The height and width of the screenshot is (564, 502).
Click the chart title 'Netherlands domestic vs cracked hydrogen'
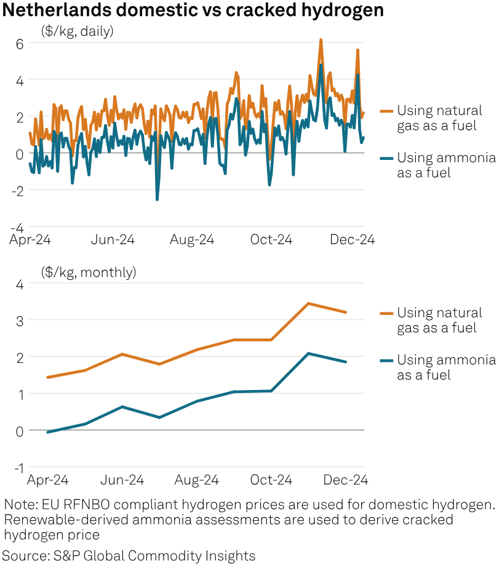193,10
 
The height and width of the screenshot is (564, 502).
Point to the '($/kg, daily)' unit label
77,31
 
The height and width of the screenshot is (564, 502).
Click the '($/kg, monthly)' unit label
89,272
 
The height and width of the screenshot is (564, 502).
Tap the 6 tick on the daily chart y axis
20,43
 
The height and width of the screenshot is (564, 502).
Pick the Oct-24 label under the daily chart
271,240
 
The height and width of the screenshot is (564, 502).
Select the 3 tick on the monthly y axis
20,320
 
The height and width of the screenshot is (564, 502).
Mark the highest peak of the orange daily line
321,39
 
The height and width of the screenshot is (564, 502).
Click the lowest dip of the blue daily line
157,199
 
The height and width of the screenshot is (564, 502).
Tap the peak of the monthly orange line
308,303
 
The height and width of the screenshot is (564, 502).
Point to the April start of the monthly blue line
48,432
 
